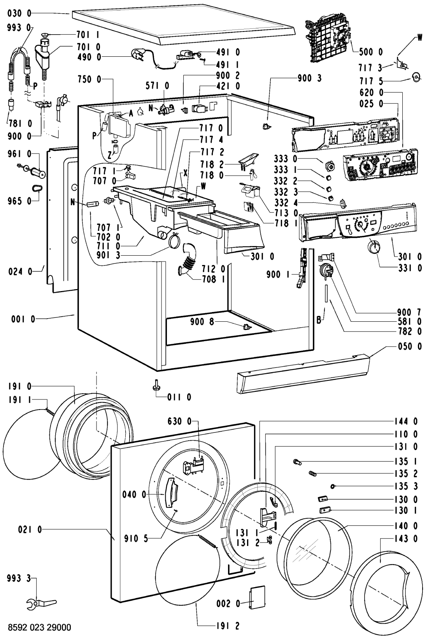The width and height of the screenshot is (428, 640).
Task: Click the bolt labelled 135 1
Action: click(x=298, y=462)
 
